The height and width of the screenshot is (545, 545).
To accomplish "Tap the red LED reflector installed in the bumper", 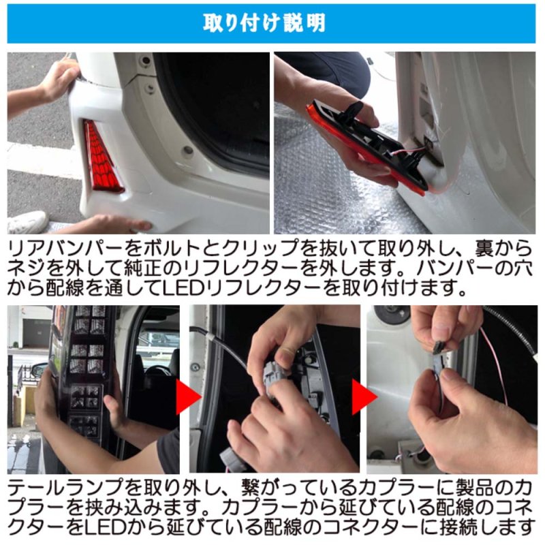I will coord(102,157).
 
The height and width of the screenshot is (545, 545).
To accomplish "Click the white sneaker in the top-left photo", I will coord(27,222).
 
